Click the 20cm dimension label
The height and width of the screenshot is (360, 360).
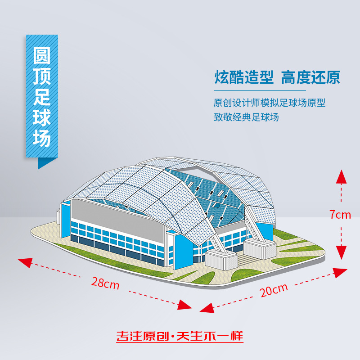click(274, 290)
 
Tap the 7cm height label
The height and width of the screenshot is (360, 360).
click(340, 215)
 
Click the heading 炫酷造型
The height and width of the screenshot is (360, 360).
click(243, 77)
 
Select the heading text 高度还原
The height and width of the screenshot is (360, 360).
click(310, 77)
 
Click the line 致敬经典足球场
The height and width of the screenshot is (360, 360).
click(246, 117)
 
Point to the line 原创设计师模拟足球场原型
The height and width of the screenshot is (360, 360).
click(269, 103)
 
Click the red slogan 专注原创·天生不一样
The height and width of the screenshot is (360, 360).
click(180, 337)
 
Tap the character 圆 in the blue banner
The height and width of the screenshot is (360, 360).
click(42, 57)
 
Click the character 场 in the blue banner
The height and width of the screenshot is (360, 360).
click(42, 138)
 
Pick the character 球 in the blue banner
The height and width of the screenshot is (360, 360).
click(42, 118)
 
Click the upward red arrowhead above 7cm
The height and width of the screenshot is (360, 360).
click(342, 176)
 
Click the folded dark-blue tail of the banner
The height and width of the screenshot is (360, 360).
click(44, 162)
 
